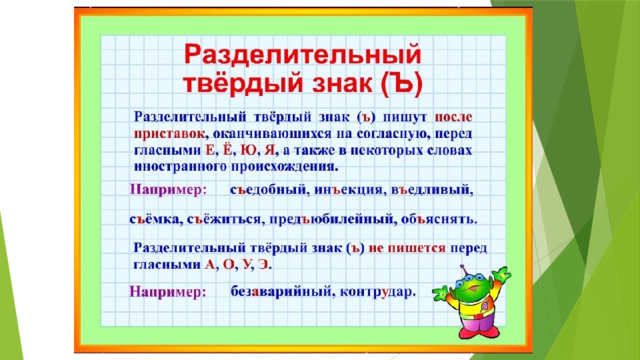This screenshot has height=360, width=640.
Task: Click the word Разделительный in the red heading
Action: [302, 56]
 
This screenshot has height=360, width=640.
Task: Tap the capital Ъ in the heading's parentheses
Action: [402, 84]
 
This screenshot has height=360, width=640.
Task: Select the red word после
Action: [453, 117]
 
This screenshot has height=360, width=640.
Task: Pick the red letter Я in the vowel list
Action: [269, 150]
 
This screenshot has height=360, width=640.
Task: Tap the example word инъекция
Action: [348, 190]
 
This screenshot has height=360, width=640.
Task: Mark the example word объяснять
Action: [438, 220]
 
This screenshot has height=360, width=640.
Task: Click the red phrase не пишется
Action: [407, 248]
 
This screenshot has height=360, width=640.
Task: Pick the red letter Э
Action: [264, 264]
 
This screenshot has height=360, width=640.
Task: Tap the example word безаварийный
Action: [280, 292]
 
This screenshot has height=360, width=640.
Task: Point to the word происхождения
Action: [283, 167]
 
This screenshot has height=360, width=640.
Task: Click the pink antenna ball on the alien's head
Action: [463, 267]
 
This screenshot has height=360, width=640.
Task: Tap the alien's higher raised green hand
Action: [501, 274]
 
